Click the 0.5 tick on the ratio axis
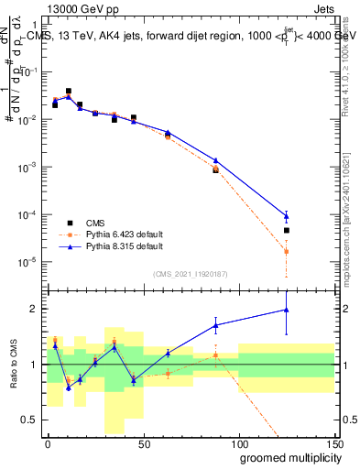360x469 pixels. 33,419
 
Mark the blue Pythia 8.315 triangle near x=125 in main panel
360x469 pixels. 287,216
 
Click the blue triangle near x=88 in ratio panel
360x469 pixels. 216,325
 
